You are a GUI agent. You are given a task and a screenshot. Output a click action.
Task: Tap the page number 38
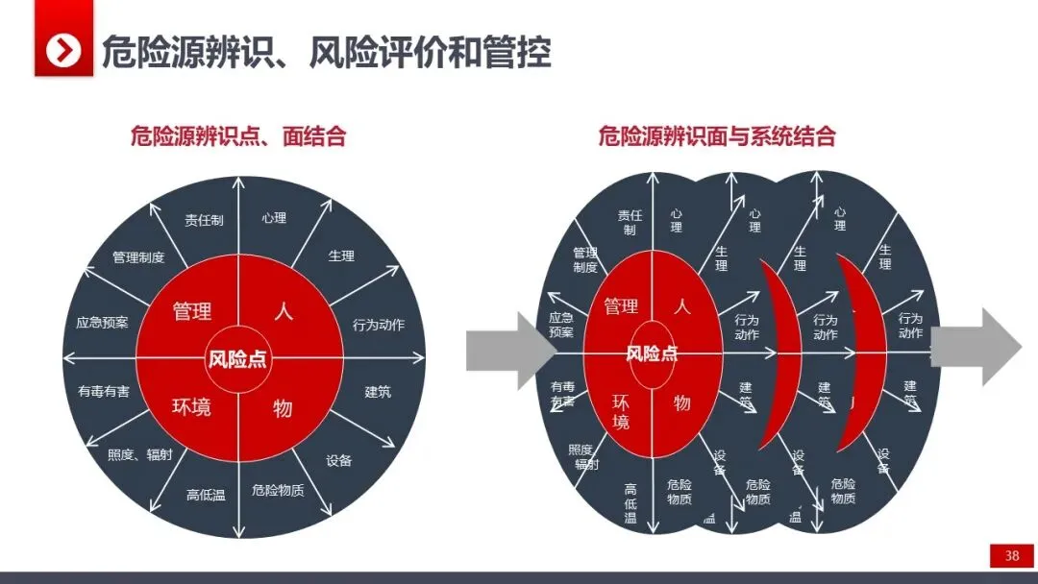coord(1011,556)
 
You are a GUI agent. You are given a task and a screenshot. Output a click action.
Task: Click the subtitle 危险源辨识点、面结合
coord(238,136)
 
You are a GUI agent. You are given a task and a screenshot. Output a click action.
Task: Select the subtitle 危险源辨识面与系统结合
coord(716,136)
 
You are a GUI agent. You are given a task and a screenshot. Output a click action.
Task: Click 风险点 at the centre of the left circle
coord(237,360)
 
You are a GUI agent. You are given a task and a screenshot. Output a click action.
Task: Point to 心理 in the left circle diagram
coord(274,218)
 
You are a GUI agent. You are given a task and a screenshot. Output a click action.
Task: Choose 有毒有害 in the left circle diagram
coord(104,392)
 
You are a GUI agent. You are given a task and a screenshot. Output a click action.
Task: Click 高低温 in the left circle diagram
coord(206,496)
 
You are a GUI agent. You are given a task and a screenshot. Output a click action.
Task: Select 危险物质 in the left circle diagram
coord(278,490)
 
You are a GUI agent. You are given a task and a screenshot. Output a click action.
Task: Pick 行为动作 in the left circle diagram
coord(379,325)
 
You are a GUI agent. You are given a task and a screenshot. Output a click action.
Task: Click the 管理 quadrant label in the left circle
coord(192,311)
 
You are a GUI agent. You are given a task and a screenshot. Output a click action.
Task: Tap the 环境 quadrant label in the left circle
coord(191,407)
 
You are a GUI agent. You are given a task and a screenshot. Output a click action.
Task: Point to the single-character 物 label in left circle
coord(283,408)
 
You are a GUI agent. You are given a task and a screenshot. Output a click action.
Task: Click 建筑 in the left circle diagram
coord(378,392)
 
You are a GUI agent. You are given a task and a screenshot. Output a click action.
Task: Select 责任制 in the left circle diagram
coord(204,220)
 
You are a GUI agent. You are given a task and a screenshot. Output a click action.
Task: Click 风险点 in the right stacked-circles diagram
coord(652,353)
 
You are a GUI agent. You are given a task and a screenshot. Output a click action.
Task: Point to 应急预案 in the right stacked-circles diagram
coord(561,325)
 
